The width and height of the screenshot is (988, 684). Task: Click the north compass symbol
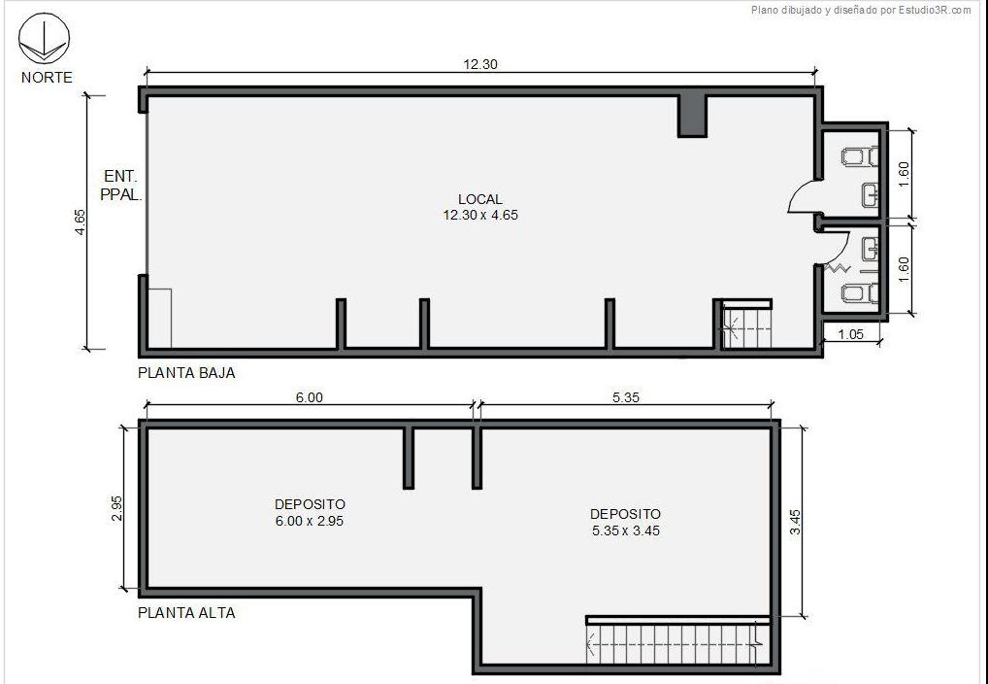(x=44, y=39)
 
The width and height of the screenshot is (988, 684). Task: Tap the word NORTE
(x=47, y=78)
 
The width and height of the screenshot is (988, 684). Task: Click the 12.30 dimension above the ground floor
(x=480, y=64)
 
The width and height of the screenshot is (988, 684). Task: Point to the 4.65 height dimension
(x=80, y=222)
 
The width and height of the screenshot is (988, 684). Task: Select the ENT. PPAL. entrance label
(x=121, y=186)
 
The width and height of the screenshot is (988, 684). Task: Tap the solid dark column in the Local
(x=692, y=116)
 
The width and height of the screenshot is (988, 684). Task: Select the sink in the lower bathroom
(x=871, y=250)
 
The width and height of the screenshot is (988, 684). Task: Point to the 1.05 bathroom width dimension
(x=851, y=334)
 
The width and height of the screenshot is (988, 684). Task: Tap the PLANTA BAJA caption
(x=186, y=373)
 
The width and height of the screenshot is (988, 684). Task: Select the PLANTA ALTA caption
(x=186, y=613)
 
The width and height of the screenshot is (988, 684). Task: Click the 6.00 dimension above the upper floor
(x=310, y=397)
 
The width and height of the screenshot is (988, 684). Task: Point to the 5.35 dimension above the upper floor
(x=626, y=397)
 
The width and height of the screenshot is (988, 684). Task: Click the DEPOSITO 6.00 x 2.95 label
(x=310, y=512)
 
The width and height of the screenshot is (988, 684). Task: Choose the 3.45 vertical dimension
(x=796, y=523)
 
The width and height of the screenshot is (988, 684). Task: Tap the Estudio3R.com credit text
(x=861, y=10)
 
